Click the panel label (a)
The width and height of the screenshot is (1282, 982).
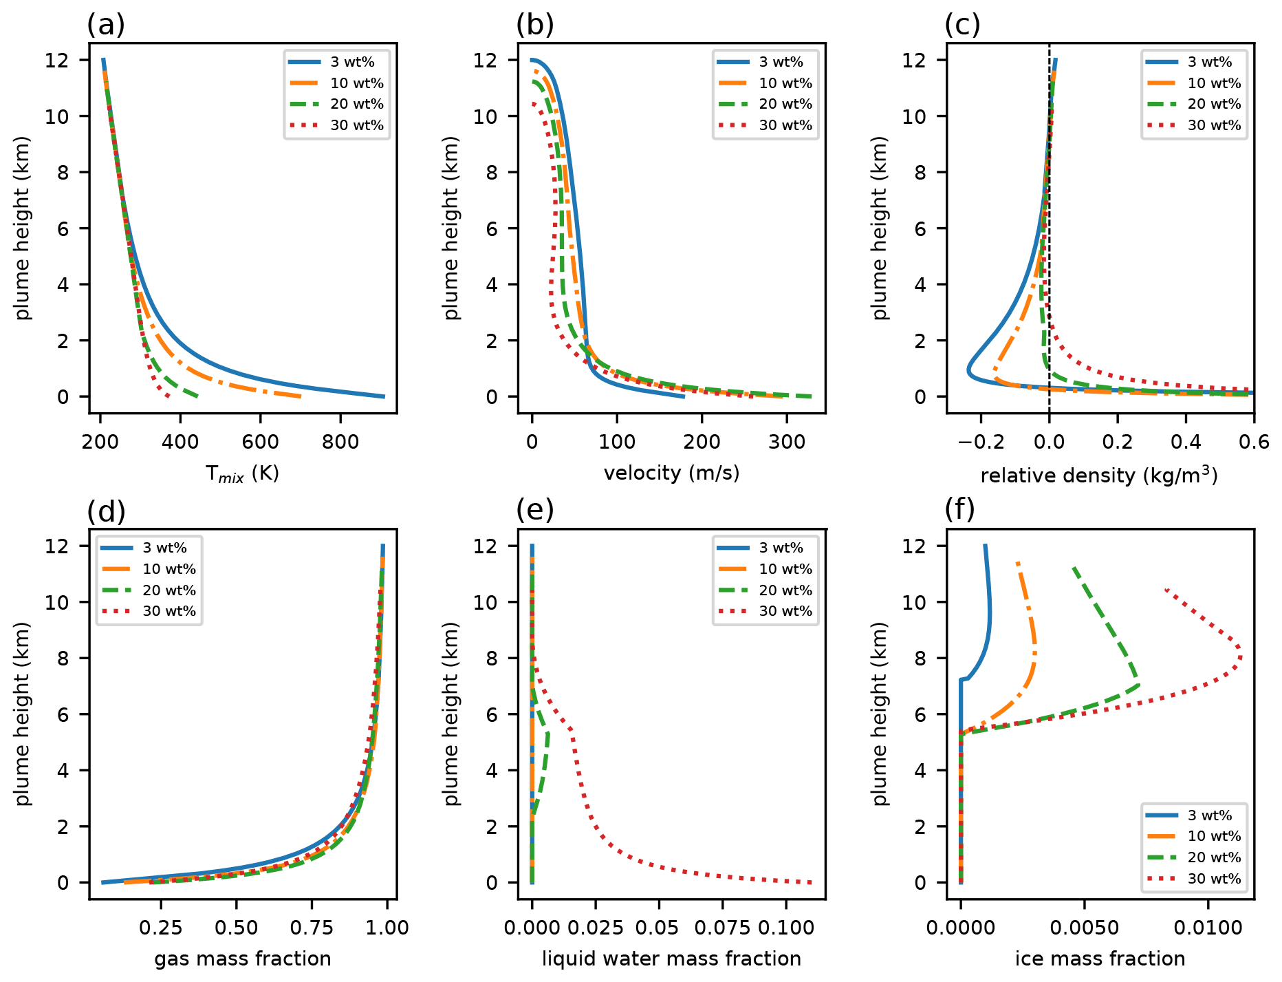click(106, 25)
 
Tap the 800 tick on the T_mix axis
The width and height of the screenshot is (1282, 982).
click(340, 442)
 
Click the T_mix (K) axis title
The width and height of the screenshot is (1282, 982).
click(242, 473)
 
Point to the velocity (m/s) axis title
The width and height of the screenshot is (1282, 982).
click(671, 473)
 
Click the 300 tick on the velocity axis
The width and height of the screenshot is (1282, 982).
click(787, 442)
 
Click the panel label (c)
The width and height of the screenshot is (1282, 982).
click(962, 25)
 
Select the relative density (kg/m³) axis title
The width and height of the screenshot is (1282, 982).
click(1099, 475)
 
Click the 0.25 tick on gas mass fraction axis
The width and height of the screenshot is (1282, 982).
click(160, 928)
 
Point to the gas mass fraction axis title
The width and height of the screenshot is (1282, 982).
click(242, 959)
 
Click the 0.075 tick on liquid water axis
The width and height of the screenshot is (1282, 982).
click(723, 928)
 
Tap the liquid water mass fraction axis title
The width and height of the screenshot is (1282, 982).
click(671, 959)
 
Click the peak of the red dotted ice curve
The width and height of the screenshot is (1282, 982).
click(1241, 657)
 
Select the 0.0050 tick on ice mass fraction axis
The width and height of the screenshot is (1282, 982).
click(1085, 928)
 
